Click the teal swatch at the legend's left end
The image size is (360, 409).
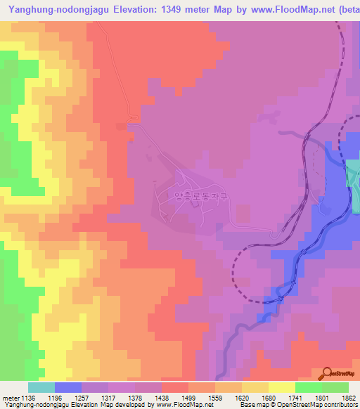click(x=41, y=387)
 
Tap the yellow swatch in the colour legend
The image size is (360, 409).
click(x=281, y=387)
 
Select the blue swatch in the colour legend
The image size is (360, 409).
click(x=68, y=387)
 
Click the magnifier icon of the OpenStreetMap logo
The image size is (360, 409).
click(x=327, y=373)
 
